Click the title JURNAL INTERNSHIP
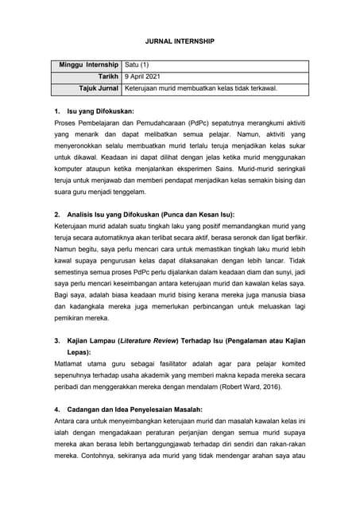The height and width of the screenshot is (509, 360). pos(180,39)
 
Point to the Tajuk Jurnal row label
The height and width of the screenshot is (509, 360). pos(95,88)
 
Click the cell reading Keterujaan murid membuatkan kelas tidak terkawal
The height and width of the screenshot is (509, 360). pos(201,88)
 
